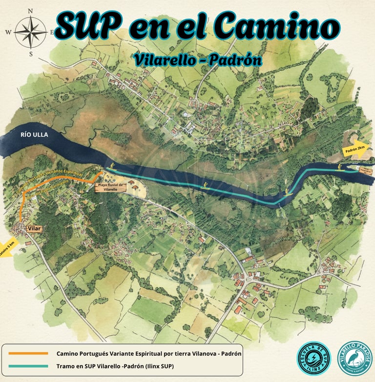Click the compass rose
point(30,32)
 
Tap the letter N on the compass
point(30,11)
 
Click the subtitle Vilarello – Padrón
point(197,60)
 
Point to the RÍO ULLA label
point(34,134)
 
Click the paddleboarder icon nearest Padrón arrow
point(340,168)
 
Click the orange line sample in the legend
point(28,353)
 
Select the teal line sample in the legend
point(28,366)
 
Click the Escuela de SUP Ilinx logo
point(313,358)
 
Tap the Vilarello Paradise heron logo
point(354,358)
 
